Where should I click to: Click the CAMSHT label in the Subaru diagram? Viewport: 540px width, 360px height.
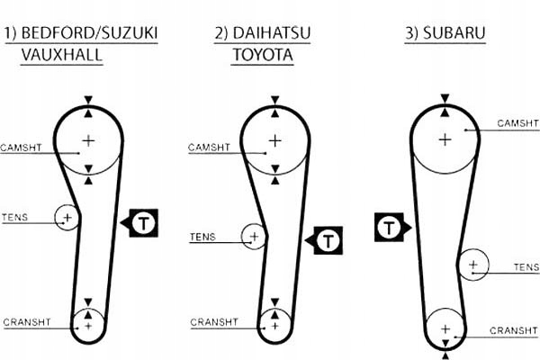517,122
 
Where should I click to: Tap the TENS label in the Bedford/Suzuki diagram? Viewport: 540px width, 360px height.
15,217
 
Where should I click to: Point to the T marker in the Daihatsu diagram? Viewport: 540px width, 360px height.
328,240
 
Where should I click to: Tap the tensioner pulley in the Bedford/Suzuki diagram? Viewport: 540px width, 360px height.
66,217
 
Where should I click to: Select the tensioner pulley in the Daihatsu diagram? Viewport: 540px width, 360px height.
255,238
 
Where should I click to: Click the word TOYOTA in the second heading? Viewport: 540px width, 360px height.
263,55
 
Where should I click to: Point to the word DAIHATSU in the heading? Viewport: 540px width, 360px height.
274,35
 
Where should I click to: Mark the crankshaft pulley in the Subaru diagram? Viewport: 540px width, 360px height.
445,328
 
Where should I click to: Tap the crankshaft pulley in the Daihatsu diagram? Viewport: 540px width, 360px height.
274,323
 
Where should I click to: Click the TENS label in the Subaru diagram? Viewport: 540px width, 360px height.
526,267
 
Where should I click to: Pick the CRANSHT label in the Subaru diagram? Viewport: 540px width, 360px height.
513,330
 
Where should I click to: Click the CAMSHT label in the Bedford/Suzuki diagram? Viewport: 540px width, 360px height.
21,146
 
